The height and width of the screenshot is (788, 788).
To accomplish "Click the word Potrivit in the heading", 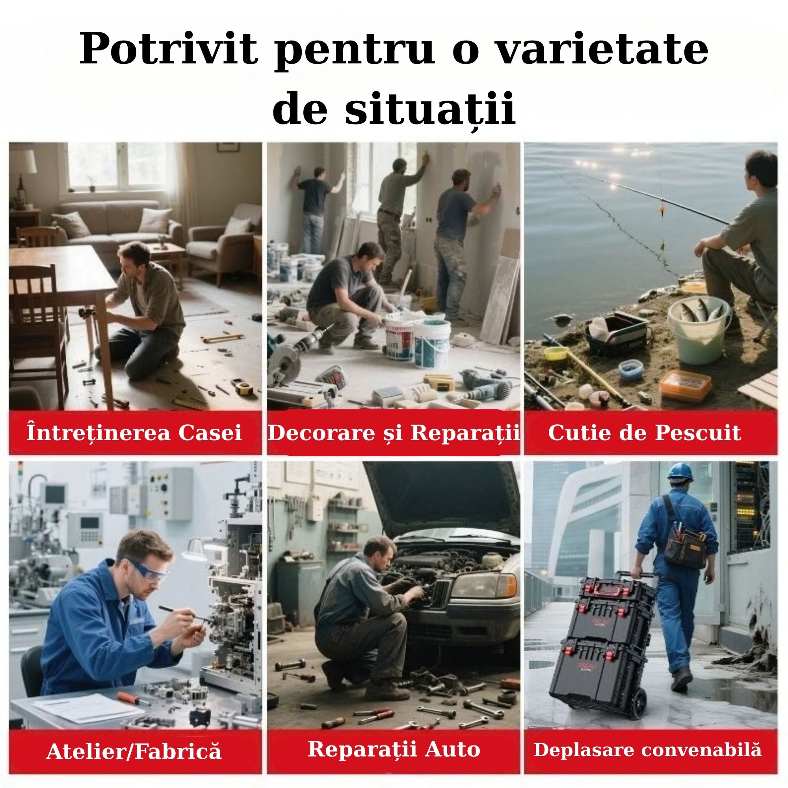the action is [x=169, y=50].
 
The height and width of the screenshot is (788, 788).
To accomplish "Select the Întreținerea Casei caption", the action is [x=134, y=432].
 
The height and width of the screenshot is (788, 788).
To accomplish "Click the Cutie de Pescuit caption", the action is [x=645, y=433].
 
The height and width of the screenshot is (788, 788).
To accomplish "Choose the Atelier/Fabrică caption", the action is [x=134, y=751].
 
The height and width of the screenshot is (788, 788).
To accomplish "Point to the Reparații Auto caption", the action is [x=394, y=749].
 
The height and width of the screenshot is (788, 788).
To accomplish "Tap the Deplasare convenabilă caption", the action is [x=648, y=750].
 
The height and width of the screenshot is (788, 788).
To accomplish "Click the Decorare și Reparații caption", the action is [x=394, y=433].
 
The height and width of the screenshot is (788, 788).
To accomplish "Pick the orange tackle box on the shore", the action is [x=686, y=384].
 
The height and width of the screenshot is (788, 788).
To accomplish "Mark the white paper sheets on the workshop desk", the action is [x=88, y=707].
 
